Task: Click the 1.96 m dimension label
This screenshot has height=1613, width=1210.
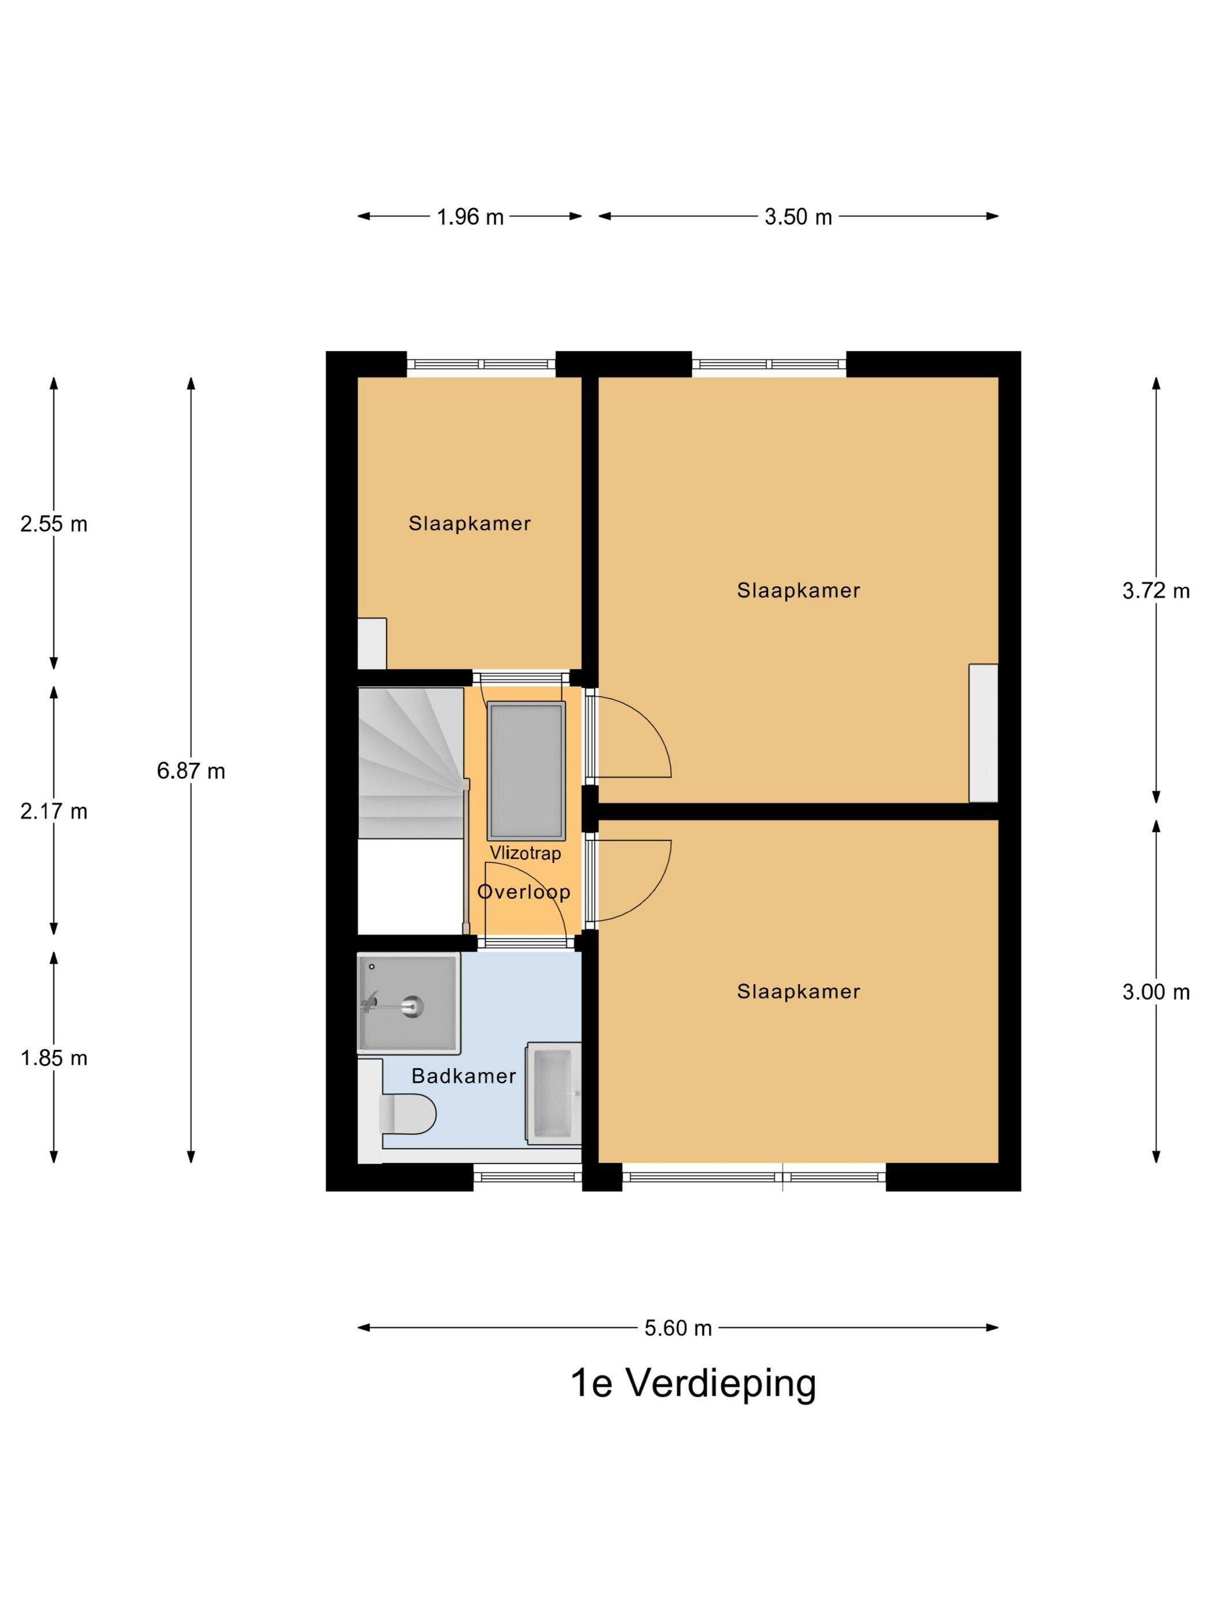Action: (470, 217)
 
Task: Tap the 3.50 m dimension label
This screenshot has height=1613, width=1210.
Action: (798, 217)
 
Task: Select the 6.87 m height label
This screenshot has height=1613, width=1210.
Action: (191, 771)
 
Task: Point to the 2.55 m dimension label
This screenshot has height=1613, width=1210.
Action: (54, 524)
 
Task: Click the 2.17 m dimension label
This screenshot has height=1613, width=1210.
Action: (54, 811)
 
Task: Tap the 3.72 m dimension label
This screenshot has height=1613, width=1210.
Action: (1155, 590)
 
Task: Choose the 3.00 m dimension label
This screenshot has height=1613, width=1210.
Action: (1155, 992)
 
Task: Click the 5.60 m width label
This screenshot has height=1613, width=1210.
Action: (678, 1328)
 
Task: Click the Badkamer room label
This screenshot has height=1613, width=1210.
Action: (464, 1076)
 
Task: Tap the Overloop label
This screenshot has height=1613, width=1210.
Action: (524, 891)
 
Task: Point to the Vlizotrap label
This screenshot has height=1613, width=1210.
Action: (525, 853)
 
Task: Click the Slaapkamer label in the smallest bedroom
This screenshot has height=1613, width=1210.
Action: (470, 524)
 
